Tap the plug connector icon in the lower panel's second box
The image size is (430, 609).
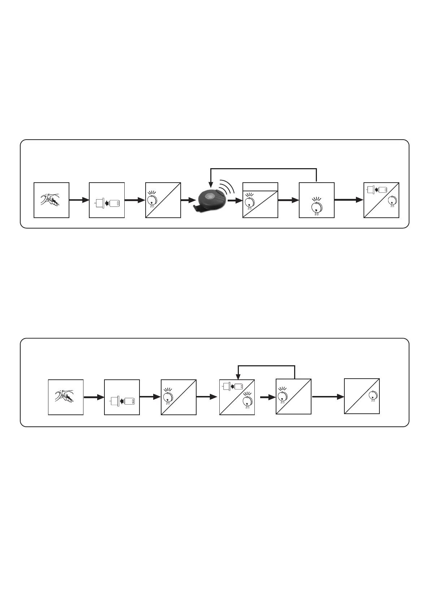pos(122,401)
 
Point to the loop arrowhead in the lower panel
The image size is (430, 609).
pos(237,376)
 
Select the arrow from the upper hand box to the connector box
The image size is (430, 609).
pos(79,200)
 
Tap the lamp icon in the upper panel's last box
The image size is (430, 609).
pos(392,200)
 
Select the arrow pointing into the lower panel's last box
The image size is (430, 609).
pos(328,397)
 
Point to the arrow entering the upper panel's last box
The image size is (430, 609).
pos(349,200)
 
